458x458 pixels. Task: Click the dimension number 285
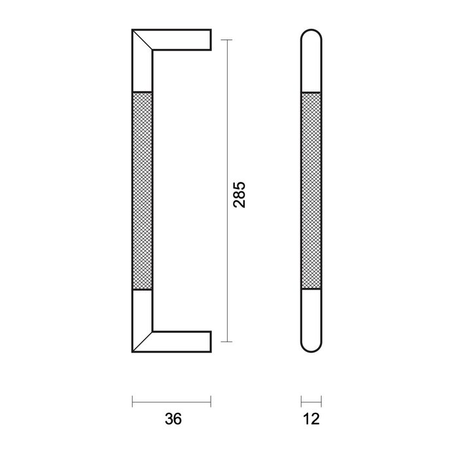[239, 194]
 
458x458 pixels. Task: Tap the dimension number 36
[172, 419]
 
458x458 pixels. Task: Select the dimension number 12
[311, 419]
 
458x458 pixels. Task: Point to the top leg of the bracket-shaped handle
[183, 39]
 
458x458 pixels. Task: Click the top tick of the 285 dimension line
[226, 41]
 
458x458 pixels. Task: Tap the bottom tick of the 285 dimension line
[226, 342]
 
